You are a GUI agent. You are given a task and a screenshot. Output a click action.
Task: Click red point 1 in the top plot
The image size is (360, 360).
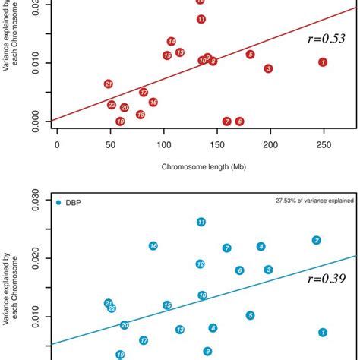coord(323,62)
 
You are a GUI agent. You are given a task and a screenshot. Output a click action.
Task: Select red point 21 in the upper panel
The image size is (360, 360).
coord(109,84)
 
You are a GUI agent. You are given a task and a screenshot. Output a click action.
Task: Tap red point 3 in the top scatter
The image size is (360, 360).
coord(268,68)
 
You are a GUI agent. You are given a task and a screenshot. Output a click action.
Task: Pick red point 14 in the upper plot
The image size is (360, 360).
coord(172,42)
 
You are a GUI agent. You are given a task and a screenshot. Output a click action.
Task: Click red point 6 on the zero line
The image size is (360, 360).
coord(239,122)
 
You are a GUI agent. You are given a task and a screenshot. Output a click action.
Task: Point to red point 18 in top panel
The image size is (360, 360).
coord(141,115)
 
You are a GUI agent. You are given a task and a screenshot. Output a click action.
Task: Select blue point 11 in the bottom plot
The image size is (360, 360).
coord(201,223)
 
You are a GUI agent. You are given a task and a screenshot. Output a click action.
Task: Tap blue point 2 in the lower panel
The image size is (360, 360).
coord(317,240)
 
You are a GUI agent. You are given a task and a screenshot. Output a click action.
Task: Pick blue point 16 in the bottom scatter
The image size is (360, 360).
coord(153,246)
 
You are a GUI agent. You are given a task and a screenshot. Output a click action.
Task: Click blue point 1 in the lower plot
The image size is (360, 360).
coord(323,332)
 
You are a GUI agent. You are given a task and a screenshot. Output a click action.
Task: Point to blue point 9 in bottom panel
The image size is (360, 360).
coord(207,351)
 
